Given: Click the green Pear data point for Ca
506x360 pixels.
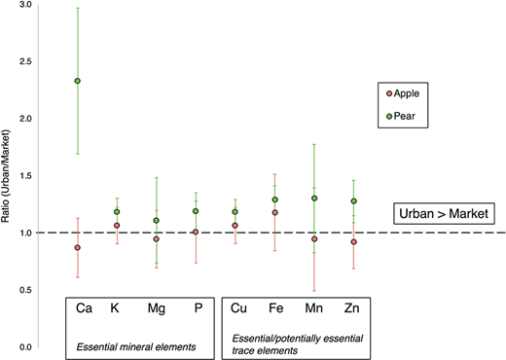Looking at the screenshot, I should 78,81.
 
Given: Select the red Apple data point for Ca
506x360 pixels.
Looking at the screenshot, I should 78,248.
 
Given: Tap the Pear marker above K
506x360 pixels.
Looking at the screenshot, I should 118,211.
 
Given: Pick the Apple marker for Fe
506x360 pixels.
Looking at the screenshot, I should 275,212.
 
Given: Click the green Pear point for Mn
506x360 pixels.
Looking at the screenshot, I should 315,198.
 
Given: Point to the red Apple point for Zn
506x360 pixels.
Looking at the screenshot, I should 353,241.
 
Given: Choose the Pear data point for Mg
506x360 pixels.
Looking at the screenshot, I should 157,221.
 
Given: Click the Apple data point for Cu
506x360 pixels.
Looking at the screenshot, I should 235,226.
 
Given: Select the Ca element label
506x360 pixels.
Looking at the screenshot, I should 84,308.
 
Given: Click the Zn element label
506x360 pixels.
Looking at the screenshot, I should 353,308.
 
